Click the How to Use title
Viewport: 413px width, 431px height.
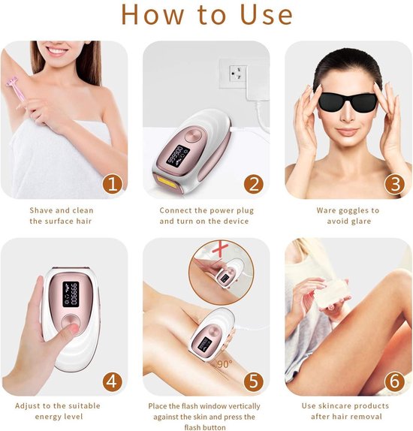206,15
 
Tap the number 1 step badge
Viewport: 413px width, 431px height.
111,183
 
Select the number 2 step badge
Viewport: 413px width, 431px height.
253,183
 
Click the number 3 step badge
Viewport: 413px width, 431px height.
394,183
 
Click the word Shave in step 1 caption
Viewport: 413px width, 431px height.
42,211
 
